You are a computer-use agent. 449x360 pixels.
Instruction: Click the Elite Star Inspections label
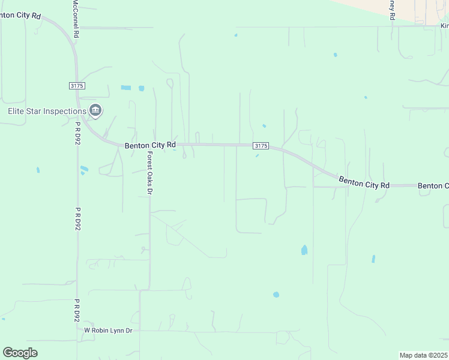[x=46, y=111]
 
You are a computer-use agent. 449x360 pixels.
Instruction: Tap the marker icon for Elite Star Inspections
[x=95, y=110]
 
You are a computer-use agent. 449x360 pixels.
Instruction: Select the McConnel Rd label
[x=76, y=19]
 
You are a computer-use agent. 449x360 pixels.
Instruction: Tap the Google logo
[x=20, y=353]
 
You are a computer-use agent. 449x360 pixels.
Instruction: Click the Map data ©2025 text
[x=423, y=355]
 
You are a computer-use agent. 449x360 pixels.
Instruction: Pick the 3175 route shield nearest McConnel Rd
[x=77, y=86]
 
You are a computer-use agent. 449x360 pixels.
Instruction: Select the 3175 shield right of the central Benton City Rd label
[x=260, y=146]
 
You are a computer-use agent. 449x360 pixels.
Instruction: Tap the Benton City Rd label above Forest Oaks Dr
[x=150, y=145]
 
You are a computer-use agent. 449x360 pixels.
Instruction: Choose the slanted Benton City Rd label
[x=364, y=182]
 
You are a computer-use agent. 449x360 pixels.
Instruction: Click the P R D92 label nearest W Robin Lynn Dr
[x=77, y=310]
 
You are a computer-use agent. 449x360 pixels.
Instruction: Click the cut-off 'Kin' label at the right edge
[x=444, y=26]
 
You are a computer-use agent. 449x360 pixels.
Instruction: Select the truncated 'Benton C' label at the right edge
[x=433, y=186]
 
